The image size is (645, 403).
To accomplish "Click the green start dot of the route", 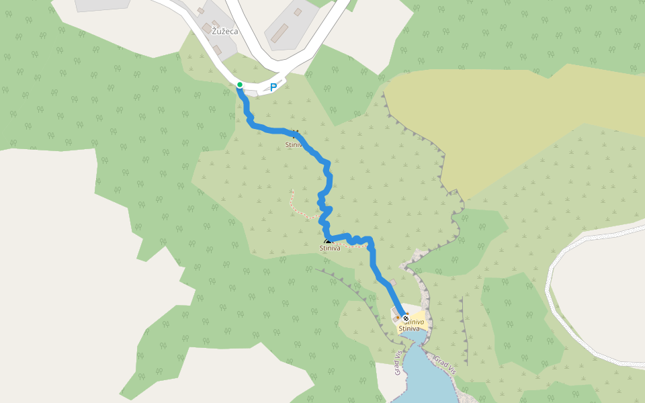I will pos(239,85).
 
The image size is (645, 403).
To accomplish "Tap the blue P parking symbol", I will pos(273,87).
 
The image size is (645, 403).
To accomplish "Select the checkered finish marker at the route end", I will pos(405,318).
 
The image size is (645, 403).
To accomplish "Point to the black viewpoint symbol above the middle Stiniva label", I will pos(328,242).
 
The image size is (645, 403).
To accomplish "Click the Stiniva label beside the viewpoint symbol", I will pos(330,249).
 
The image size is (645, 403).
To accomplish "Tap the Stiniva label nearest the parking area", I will pos(294,144).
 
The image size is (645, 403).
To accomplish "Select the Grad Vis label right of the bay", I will pos(445,365).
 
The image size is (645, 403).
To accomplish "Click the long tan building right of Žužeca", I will pos(280,32).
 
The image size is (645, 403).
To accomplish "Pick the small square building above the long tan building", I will pos(298,11).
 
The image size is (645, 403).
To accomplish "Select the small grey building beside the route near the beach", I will pos(392,283).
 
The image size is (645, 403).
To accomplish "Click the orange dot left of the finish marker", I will pos(397,318).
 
